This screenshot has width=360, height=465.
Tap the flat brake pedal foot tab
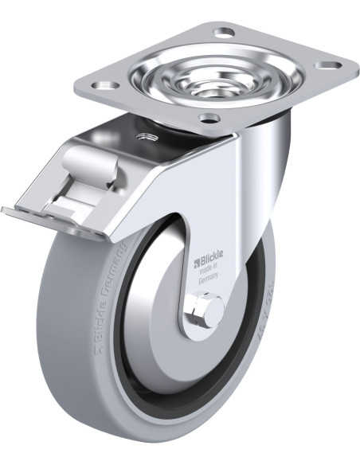[48, 222]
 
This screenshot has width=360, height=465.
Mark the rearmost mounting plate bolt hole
[225, 33]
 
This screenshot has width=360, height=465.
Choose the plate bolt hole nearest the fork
[209, 119]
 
